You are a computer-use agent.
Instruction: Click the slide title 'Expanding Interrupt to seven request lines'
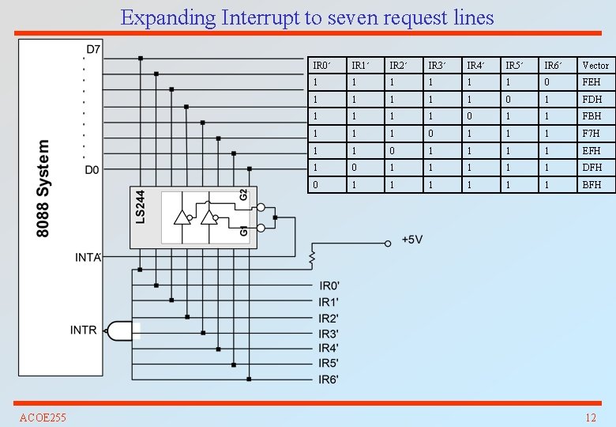click(x=307, y=17)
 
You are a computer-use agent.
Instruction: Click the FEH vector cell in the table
click(x=592, y=82)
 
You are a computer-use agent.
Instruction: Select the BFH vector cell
click(x=592, y=184)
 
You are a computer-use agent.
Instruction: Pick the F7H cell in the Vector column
click(x=592, y=134)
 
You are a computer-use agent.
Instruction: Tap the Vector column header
click(x=595, y=65)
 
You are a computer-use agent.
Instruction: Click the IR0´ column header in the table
click(x=321, y=65)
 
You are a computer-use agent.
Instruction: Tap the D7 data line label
click(x=93, y=50)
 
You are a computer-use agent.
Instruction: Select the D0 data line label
click(x=93, y=169)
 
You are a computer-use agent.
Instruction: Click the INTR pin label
click(x=84, y=330)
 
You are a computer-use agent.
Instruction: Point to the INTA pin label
click(x=88, y=257)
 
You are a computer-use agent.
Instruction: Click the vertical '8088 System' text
click(x=44, y=188)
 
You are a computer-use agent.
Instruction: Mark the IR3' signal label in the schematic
click(x=329, y=333)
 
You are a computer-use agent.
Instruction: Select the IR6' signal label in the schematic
click(x=329, y=379)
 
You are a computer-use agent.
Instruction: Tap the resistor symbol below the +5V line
click(x=312, y=258)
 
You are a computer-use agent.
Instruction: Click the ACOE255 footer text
click(x=43, y=418)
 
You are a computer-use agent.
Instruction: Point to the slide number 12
click(x=590, y=418)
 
